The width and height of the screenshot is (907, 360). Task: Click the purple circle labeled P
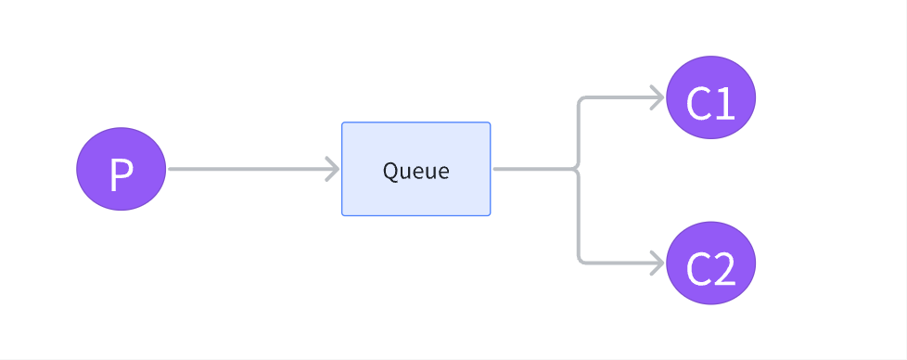tap(121, 169)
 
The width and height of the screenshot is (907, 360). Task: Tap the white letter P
tap(121, 174)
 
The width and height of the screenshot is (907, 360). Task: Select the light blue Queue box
tap(415, 169)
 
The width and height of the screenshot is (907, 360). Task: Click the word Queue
tap(415, 171)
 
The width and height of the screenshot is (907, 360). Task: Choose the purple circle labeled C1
tap(711, 97)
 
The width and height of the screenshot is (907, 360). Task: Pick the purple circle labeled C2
tap(711, 264)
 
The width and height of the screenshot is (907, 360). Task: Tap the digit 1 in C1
tap(725, 104)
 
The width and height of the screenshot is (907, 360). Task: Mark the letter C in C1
tap(698, 104)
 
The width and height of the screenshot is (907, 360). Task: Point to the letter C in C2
tap(698, 270)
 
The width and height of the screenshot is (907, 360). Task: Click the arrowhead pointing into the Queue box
tap(333, 169)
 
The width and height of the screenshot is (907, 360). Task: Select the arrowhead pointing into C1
tap(658, 97)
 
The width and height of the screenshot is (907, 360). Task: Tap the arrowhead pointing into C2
tap(658, 264)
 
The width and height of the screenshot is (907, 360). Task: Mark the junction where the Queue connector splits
tap(577, 169)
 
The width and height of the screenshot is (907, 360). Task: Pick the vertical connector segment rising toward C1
tap(579, 133)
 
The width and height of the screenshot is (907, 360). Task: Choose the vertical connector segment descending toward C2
tap(579, 215)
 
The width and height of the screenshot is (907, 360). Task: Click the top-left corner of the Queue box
tap(342, 122)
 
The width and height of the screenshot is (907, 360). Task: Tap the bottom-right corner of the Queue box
tap(491, 216)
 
